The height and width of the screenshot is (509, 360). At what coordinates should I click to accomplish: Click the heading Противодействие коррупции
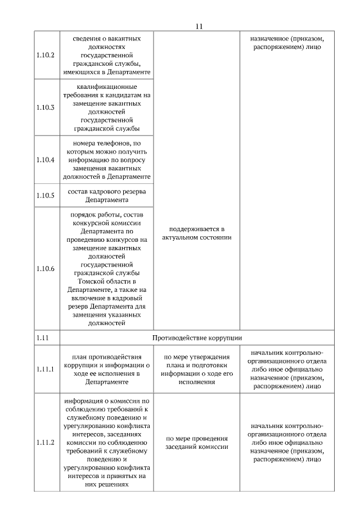[197, 337]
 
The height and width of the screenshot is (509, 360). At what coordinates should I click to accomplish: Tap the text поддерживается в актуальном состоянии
[196, 233]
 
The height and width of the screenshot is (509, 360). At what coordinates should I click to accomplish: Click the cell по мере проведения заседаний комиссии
[196, 442]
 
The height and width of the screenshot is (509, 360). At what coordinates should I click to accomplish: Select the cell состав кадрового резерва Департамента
[106, 196]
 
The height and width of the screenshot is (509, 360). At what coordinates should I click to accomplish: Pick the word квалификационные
[106, 87]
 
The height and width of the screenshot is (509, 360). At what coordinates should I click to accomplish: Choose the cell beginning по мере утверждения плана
[196, 369]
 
